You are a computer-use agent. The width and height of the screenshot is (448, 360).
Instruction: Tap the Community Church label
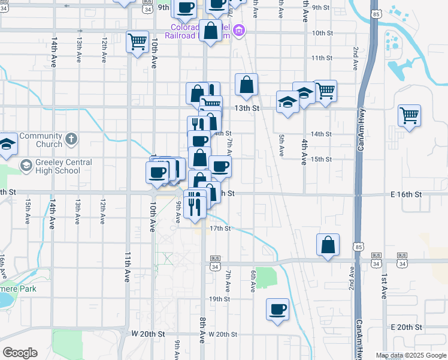[x=41, y=140]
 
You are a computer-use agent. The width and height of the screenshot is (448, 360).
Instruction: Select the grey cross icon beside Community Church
[x=71, y=140]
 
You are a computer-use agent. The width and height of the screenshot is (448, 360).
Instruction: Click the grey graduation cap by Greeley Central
[x=26, y=166]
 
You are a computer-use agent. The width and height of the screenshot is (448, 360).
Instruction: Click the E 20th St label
[x=406, y=327]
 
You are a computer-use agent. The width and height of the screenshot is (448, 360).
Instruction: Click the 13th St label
[x=246, y=109]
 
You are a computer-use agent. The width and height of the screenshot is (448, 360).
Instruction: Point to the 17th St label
[x=220, y=229]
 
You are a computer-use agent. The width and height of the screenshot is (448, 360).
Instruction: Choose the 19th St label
[x=220, y=299]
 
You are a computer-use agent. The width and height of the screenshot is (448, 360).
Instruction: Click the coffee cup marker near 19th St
[x=278, y=309]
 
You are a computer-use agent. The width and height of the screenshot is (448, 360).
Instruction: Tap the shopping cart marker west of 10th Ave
[x=138, y=41]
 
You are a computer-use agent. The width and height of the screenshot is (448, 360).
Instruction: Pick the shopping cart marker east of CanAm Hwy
[x=410, y=115]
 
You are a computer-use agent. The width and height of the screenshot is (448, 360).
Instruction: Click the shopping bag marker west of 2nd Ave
[x=328, y=244]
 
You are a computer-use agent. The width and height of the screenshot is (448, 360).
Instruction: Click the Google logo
[x=20, y=353]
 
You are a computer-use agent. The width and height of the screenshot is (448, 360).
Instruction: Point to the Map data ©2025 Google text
[x=411, y=355]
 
